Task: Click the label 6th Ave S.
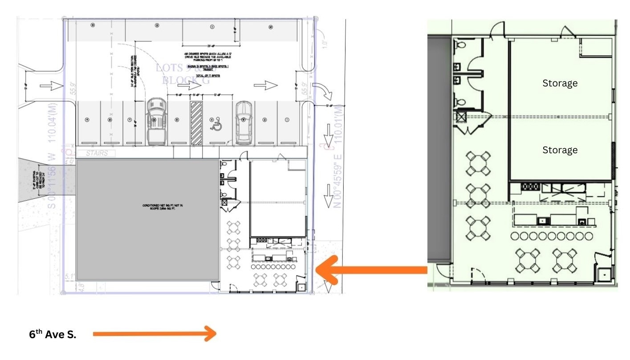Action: [x=53, y=335]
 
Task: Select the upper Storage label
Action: [x=560, y=83]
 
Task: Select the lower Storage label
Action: [x=560, y=150]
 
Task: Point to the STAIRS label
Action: [x=95, y=153]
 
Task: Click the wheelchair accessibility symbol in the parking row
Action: [x=217, y=125]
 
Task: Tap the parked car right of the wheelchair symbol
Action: [x=243, y=123]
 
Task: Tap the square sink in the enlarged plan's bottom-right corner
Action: [x=604, y=275]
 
